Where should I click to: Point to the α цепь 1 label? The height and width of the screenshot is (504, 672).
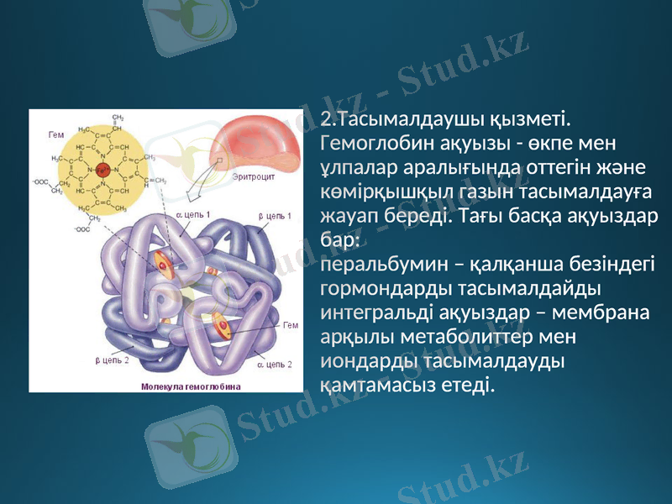[194, 215]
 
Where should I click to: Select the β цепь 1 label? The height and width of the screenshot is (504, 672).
[275, 217]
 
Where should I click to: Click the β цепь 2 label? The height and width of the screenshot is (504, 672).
[112, 360]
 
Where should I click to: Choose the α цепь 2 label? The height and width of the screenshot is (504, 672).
[274, 365]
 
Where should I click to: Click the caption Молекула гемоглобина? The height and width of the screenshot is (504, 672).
[191, 386]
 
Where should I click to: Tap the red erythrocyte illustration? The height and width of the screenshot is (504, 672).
[255, 143]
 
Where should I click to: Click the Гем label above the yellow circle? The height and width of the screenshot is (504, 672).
[56, 134]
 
